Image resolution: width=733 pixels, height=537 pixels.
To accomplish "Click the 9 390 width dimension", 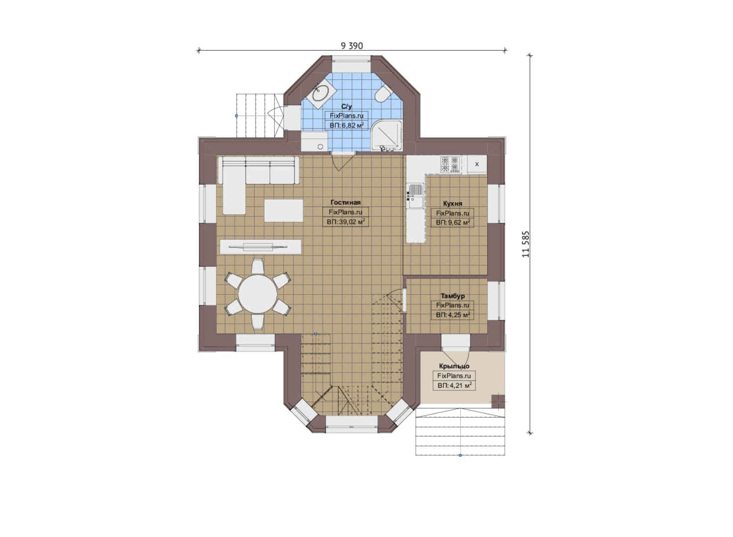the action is (x=352, y=46).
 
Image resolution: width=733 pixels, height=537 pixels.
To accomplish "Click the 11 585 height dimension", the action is (x=526, y=244).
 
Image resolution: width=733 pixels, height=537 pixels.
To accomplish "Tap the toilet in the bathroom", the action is (x=381, y=94).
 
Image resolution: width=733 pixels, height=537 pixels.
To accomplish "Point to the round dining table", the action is (x=258, y=294).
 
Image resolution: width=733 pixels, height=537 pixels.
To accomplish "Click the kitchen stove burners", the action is (x=450, y=164).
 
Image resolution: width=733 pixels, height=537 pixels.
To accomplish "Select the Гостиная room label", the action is (x=346, y=202).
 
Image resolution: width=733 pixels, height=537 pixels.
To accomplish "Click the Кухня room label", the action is (x=453, y=203).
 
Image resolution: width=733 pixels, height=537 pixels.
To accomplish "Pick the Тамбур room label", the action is (x=453, y=296).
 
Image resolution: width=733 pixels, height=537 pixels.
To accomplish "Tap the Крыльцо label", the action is (x=454, y=366).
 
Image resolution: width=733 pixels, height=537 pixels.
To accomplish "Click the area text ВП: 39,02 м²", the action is (x=346, y=222).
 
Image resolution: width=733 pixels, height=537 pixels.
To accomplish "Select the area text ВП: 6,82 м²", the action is (x=347, y=125).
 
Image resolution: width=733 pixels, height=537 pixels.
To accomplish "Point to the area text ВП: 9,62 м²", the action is (x=453, y=223).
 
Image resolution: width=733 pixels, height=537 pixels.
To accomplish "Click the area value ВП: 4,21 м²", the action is (x=455, y=385).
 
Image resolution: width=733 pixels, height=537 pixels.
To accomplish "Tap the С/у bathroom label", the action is (x=347, y=107).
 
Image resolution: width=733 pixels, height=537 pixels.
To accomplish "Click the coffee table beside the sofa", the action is (x=283, y=210).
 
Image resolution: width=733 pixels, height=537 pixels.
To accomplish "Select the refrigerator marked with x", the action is (x=477, y=164).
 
